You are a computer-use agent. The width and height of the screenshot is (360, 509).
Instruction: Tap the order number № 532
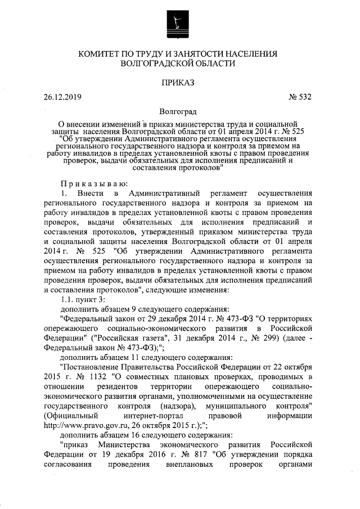pos(300,97)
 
